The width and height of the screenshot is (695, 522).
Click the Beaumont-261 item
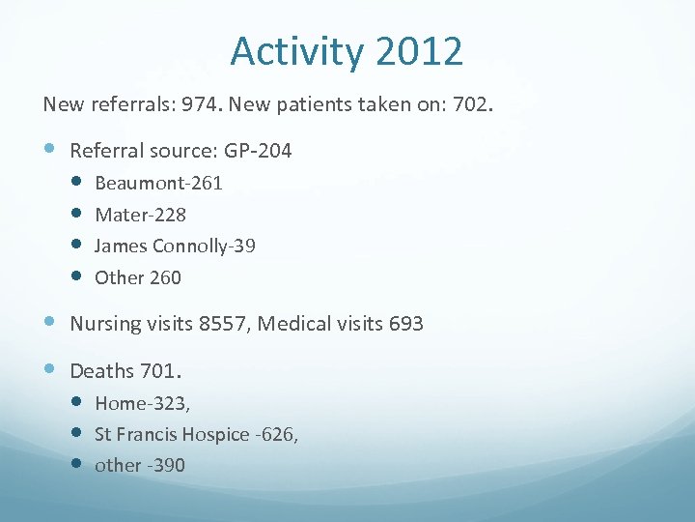(x=158, y=183)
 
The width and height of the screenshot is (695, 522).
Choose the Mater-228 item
(x=140, y=215)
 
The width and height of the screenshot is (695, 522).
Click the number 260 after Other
(x=165, y=277)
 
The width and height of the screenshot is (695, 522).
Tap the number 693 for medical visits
(x=404, y=324)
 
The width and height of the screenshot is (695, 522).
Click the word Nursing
(x=105, y=324)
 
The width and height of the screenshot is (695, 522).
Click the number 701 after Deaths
(x=161, y=370)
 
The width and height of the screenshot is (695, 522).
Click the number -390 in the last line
(x=166, y=465)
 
